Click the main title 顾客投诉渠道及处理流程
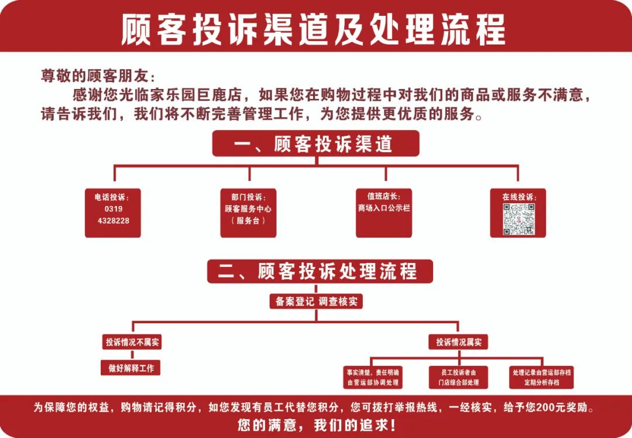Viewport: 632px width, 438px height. coord(313,29)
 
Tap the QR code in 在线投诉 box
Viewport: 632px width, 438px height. coord(518,219)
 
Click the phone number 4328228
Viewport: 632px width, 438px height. coord(114,221)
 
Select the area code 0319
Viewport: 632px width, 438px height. coord(114,209)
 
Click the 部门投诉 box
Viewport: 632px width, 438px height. coord(248,213)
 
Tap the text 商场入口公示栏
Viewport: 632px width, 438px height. coord(384,208)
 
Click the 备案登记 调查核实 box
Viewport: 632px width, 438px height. coord(316,302)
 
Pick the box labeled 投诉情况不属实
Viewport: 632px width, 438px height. coord(132,343)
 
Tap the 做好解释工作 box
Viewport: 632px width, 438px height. coord(130,368)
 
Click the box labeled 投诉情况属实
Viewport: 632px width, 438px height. coord(459,343)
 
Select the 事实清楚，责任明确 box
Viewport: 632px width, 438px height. coord(373,378)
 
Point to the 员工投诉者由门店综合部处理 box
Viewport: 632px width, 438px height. coord(459,378)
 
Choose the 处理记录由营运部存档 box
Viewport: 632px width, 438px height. coord(541,378)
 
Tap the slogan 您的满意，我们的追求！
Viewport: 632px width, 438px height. coord(317,425)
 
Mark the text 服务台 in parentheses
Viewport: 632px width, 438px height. coord(248,221)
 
